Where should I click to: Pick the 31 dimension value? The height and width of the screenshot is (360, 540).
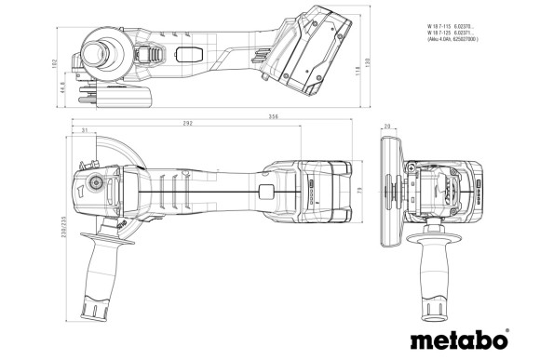[85, 131]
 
